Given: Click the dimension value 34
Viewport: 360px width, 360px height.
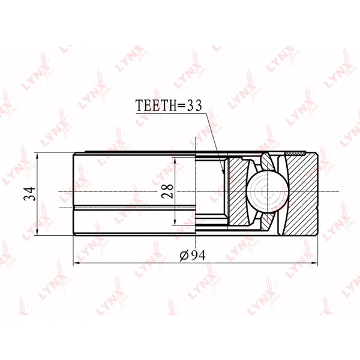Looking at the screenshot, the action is pos(30,194).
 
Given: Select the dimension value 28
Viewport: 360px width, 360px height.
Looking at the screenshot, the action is pos(167,191).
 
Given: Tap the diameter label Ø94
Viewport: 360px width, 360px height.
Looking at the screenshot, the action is pos(193,256).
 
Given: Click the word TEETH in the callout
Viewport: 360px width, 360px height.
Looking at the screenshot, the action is pos(156,106).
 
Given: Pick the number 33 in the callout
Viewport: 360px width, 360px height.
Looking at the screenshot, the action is pos(194,106).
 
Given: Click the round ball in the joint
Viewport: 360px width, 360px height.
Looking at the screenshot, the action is pos(268,191).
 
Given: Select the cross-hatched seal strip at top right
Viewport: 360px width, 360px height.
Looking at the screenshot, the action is pos(295,153).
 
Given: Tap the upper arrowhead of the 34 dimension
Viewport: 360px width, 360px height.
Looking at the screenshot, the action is pos(37,157).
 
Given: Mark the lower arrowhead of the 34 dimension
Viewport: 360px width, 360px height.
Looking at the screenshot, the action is pos(37,231).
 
